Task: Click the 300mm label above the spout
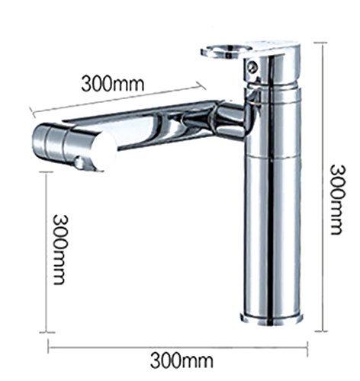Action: click(x=113, y=83)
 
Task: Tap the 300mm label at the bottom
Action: click(x=182, y=360)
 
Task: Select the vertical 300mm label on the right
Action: click(x=338, y=200)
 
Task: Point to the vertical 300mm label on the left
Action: click(x=61, y=250)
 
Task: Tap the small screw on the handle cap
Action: click(x=252, y=67)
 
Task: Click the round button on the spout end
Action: click(x=80, y=162)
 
